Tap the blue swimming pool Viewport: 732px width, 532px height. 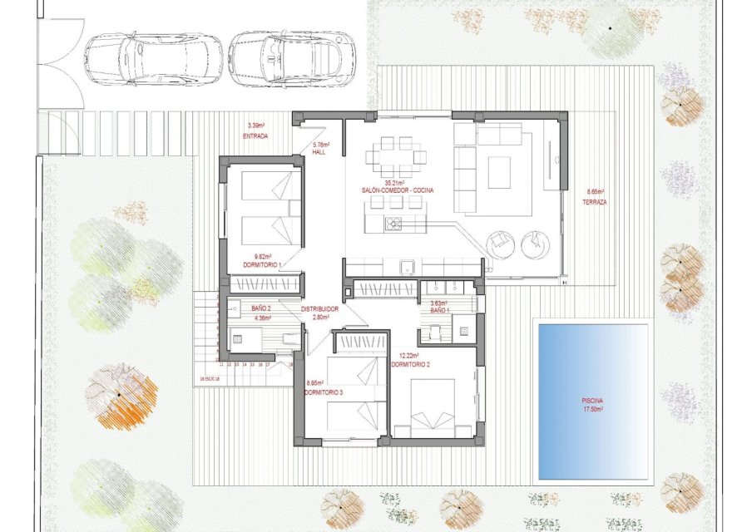tap(593, 401)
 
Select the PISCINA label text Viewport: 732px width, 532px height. tap(593, 401)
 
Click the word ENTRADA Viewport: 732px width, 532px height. tap(255, 135)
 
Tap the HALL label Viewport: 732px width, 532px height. tap(319, 153)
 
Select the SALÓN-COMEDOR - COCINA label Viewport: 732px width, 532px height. tap(397, 190)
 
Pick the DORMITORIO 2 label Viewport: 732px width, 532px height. tap(409, 364)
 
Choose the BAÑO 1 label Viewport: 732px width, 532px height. tap(440, 310)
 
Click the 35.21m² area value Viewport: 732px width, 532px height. tap(394, 183)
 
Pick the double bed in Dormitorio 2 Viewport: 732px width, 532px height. tap(433, 407)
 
